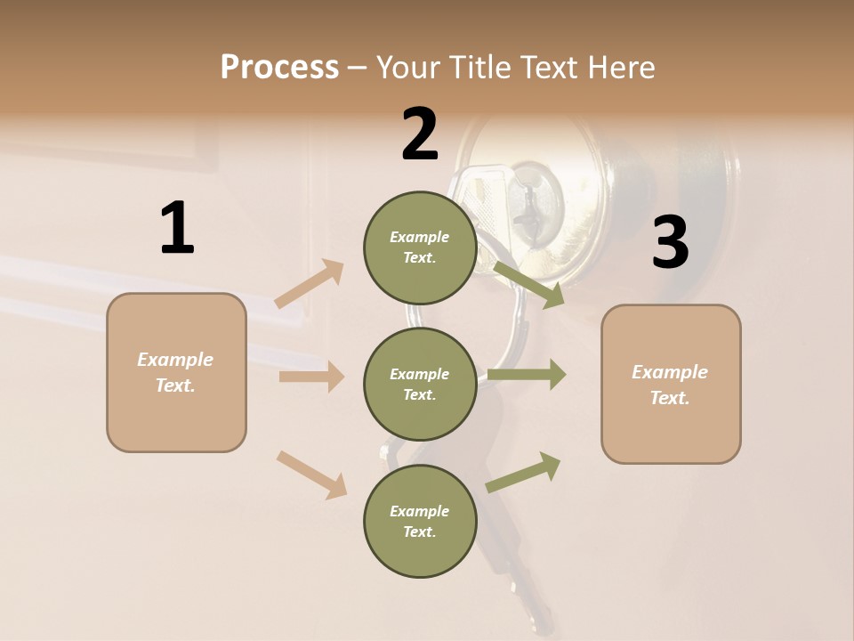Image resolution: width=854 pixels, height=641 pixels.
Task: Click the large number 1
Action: point(177,229)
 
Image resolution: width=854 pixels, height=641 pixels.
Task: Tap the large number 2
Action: point(420,134)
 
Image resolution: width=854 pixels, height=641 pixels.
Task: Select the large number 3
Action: point(670,243)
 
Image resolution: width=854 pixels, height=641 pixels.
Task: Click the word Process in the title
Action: point(279,67)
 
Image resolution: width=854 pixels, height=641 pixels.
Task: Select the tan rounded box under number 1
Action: point(176,372)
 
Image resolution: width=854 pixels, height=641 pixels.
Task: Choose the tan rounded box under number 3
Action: point(671,384)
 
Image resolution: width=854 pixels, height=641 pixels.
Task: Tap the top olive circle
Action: point(419,247)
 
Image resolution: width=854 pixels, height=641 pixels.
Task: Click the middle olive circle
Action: point(419,384)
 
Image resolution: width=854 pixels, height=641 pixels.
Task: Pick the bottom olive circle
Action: point(419,521)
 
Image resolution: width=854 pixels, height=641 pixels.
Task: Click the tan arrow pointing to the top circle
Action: point(310,284)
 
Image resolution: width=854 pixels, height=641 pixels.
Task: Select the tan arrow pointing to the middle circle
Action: point(311,377)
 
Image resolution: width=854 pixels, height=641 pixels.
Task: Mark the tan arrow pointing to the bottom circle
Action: point(311,475)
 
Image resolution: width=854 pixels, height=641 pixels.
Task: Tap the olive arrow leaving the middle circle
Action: point(527,375)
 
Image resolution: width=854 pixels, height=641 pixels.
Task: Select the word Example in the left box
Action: point(175,360)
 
